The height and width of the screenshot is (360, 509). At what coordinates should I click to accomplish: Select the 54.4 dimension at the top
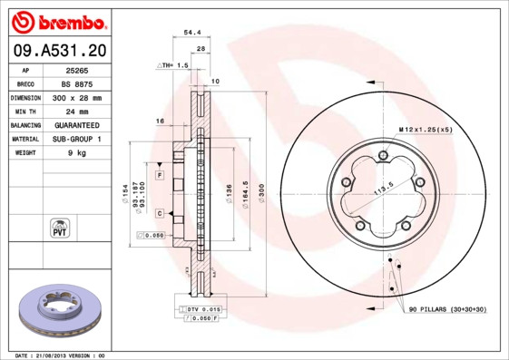[x=192, y=32]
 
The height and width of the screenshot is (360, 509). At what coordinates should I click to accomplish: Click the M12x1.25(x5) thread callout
[x=426, y=129]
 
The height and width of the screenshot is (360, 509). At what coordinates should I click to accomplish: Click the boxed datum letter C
[x=159, y=213]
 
